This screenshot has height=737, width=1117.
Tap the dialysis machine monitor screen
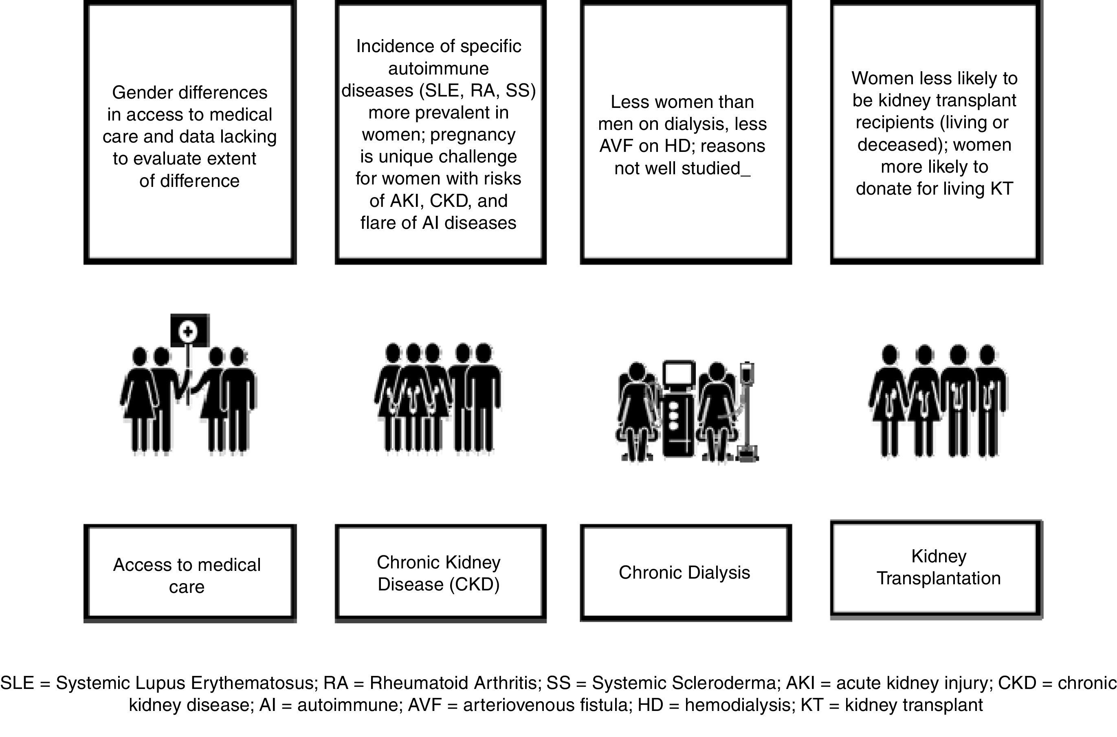click(679, 374)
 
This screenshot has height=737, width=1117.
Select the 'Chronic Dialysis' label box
click(686, 572)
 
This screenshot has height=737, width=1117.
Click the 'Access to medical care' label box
click(189, 575)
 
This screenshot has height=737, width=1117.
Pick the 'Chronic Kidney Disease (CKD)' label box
click(440, 573)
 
